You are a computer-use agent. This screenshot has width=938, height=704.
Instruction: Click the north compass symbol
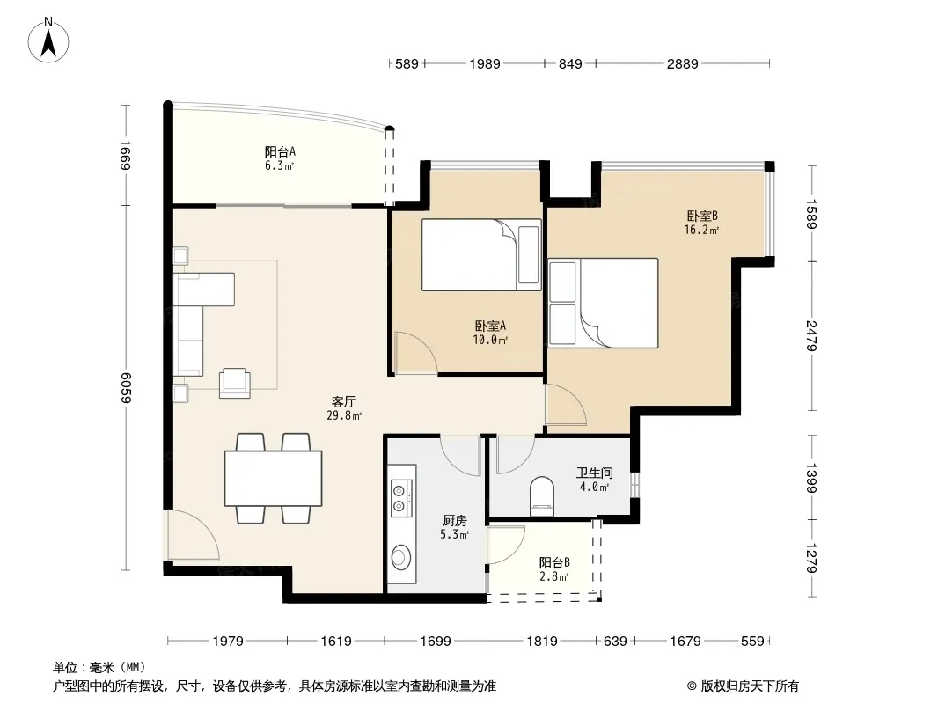pyautogui.click(x=48, y=40)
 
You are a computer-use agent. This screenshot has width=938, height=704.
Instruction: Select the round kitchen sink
pyautogui.click(x=400, y=557)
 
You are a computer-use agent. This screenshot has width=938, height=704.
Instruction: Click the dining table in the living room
pyautogui.click(x=274, y=479)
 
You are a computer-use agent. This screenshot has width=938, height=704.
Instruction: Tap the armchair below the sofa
pyautogui.click(x=234, y=383)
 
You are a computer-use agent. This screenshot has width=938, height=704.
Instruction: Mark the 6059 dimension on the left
pyautogui.click(x=125, y=387)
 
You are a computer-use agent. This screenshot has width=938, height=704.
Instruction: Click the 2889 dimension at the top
pyautogui.click(x=683, y=63)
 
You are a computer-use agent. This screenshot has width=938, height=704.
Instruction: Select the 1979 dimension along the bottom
pyautogui.click(x=228, y=642)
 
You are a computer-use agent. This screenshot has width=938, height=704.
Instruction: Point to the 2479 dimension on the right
pyautogui.click(x=811, y=335)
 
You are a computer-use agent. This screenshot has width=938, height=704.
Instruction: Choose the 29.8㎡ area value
pyautogui.click(x=344, y=415)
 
